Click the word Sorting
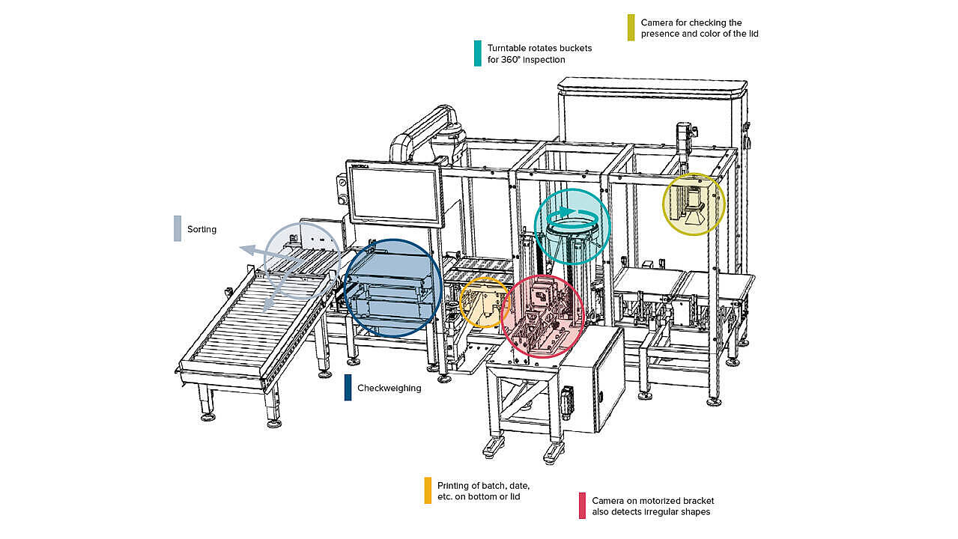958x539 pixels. click(201, 229)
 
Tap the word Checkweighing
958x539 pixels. click(389, 388)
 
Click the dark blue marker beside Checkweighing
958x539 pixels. click(348, 387)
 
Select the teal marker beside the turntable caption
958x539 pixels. click(477, 53)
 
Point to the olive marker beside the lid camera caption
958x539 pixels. click(631, 28)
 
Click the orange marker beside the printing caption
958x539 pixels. click(427, 490)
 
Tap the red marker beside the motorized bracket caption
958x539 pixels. click(582, 505)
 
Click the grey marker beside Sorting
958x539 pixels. click(178, 228)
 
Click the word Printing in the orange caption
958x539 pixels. click(455, 485)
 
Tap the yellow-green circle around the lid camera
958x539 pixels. click(694, 204)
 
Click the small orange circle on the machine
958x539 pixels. click(485, 302)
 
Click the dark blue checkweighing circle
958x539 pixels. click(393, 288)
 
